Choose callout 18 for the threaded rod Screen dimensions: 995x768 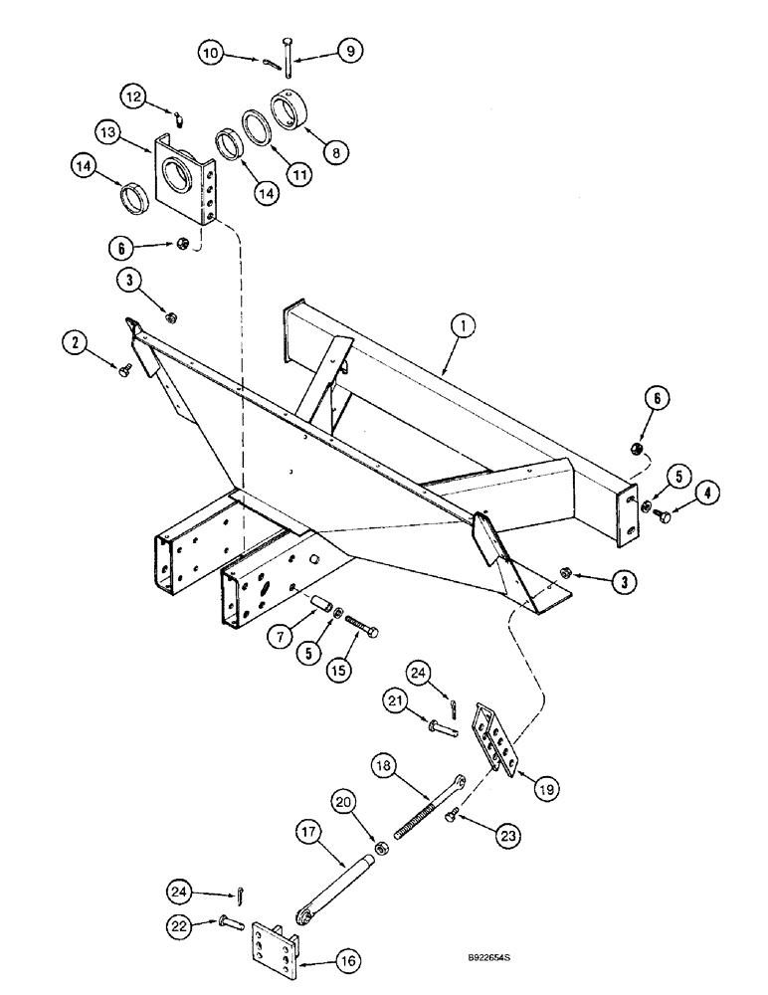[384, 767]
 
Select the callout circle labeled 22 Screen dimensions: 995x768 [178, 924]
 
